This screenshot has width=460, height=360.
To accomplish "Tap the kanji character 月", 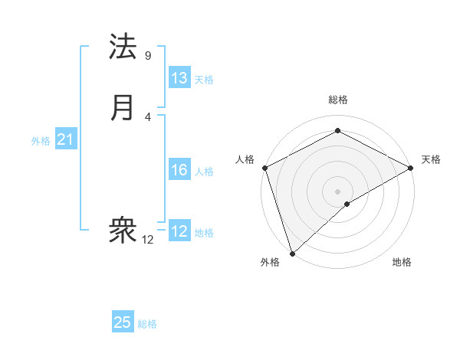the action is pos(123,108).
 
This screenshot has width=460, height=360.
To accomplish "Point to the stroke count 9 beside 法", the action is pos(148,55).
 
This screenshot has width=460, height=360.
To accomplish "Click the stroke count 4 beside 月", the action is pos(148,116).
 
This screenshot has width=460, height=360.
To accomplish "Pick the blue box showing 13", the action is pos(179,78).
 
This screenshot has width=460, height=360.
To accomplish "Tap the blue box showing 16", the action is pos(179,170).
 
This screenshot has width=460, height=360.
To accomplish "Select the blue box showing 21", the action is pos(66,139).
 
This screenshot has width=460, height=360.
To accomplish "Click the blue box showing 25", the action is pos(123,322).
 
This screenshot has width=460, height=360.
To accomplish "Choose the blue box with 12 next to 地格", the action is pos(179,231).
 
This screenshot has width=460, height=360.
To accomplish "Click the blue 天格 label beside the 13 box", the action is pos(204,79).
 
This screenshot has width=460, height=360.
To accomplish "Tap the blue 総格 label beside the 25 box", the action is pos(147,324).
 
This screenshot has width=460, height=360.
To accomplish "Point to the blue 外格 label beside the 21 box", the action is pos(41,141).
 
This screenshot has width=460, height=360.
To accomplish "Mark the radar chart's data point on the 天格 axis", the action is pos(411,168).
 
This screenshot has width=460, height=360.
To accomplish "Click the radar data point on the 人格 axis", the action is pos(264,168).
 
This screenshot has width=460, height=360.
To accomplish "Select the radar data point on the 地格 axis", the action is pos(348,204).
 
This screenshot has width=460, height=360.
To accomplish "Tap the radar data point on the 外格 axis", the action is pos(292,252).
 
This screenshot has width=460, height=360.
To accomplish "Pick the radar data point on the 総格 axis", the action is pos(337,131).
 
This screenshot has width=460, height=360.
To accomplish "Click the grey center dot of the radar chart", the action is pos(337,191).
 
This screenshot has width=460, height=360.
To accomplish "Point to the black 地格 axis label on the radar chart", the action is pos(402,263).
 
